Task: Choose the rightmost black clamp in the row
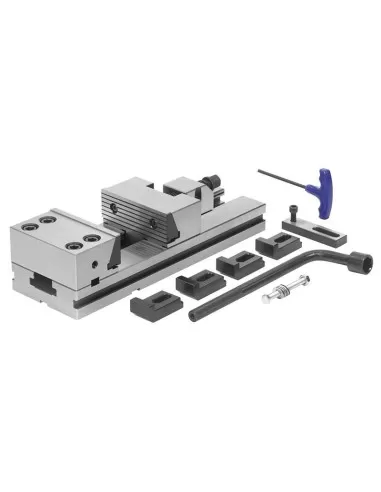274,244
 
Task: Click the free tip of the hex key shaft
259,170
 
